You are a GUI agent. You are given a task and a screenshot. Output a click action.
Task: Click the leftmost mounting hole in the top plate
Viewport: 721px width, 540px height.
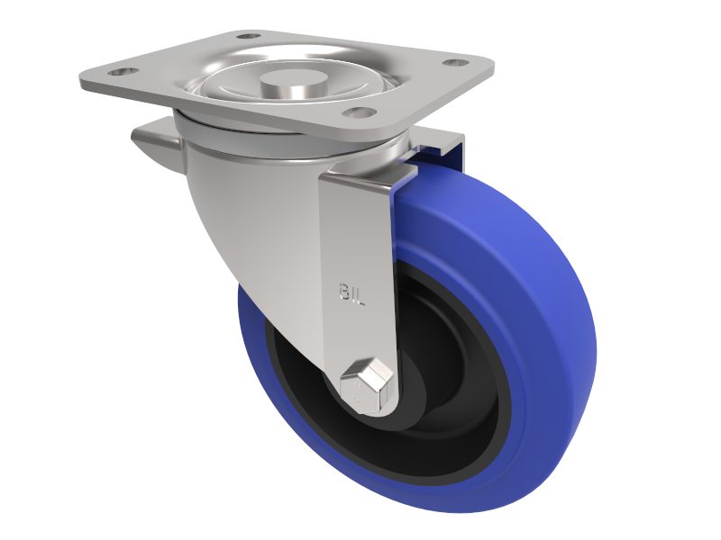click(x=123, y=71)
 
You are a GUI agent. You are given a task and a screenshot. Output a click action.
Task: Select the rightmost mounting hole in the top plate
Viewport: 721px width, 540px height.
click(x=457, y=63)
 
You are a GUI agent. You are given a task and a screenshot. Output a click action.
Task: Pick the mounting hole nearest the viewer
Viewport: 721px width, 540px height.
click(x=359, y=112)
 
